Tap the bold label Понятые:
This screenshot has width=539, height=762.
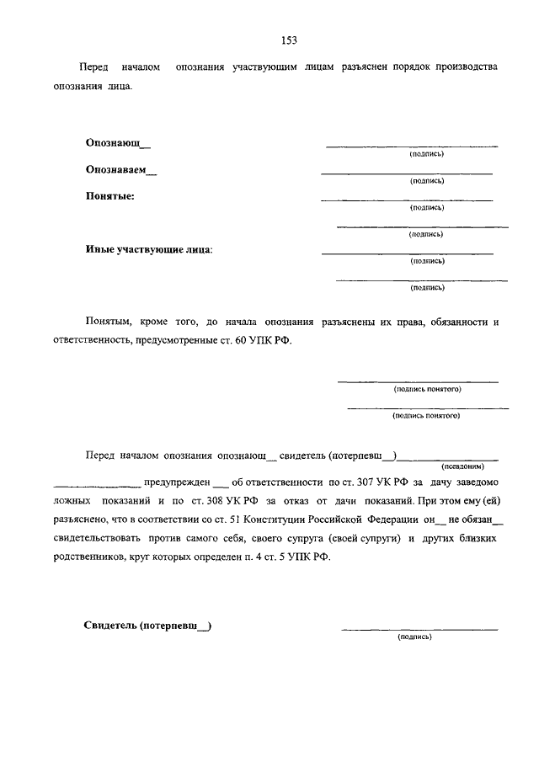pos(109,196)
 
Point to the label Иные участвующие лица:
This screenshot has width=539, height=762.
pos(149,249)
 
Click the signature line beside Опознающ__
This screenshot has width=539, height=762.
pos(412,147)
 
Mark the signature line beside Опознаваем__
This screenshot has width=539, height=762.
pos(407,173)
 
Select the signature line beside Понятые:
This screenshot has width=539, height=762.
pos(407,200)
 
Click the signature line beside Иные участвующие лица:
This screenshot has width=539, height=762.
pos(407,253)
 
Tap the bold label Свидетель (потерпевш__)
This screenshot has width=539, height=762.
pos(147,626)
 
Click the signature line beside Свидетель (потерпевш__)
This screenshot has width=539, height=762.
pos(419,629)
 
